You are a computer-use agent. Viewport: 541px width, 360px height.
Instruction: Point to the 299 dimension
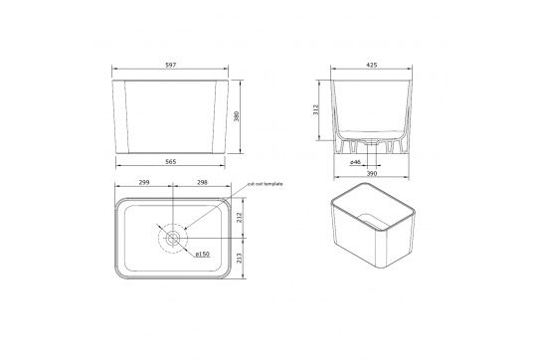[x=143, y=182]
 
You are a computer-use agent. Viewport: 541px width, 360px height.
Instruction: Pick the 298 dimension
[x=205, y=182]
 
